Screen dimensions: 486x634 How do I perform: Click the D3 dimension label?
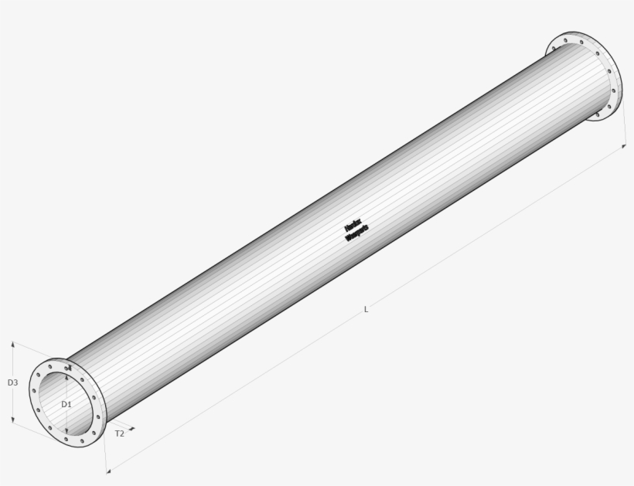12,382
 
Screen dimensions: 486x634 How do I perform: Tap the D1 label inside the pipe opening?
66,404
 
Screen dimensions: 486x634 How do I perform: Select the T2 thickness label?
120,433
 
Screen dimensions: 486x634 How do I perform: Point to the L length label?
366,309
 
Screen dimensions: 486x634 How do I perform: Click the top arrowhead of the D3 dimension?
13,345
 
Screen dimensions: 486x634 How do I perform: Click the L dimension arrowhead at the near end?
107,468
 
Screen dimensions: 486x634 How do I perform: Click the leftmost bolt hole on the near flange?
34,392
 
